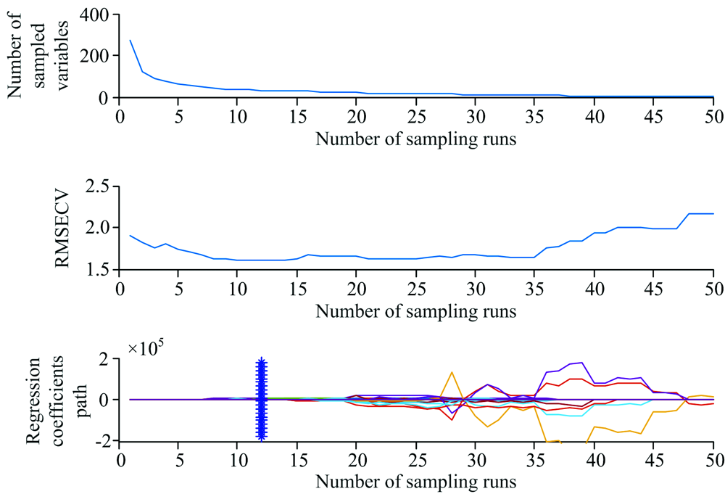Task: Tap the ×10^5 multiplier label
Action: click(147, 349)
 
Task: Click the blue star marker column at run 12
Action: click(262, 399)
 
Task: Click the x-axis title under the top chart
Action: click(415, 140)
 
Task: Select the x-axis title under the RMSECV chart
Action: click(415, 312)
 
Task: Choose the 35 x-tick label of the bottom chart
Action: click(535, 459)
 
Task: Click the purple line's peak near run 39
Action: click(582, 362)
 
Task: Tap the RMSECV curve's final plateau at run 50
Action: click(713, 213)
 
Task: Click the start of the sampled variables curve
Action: click(130, 41)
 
